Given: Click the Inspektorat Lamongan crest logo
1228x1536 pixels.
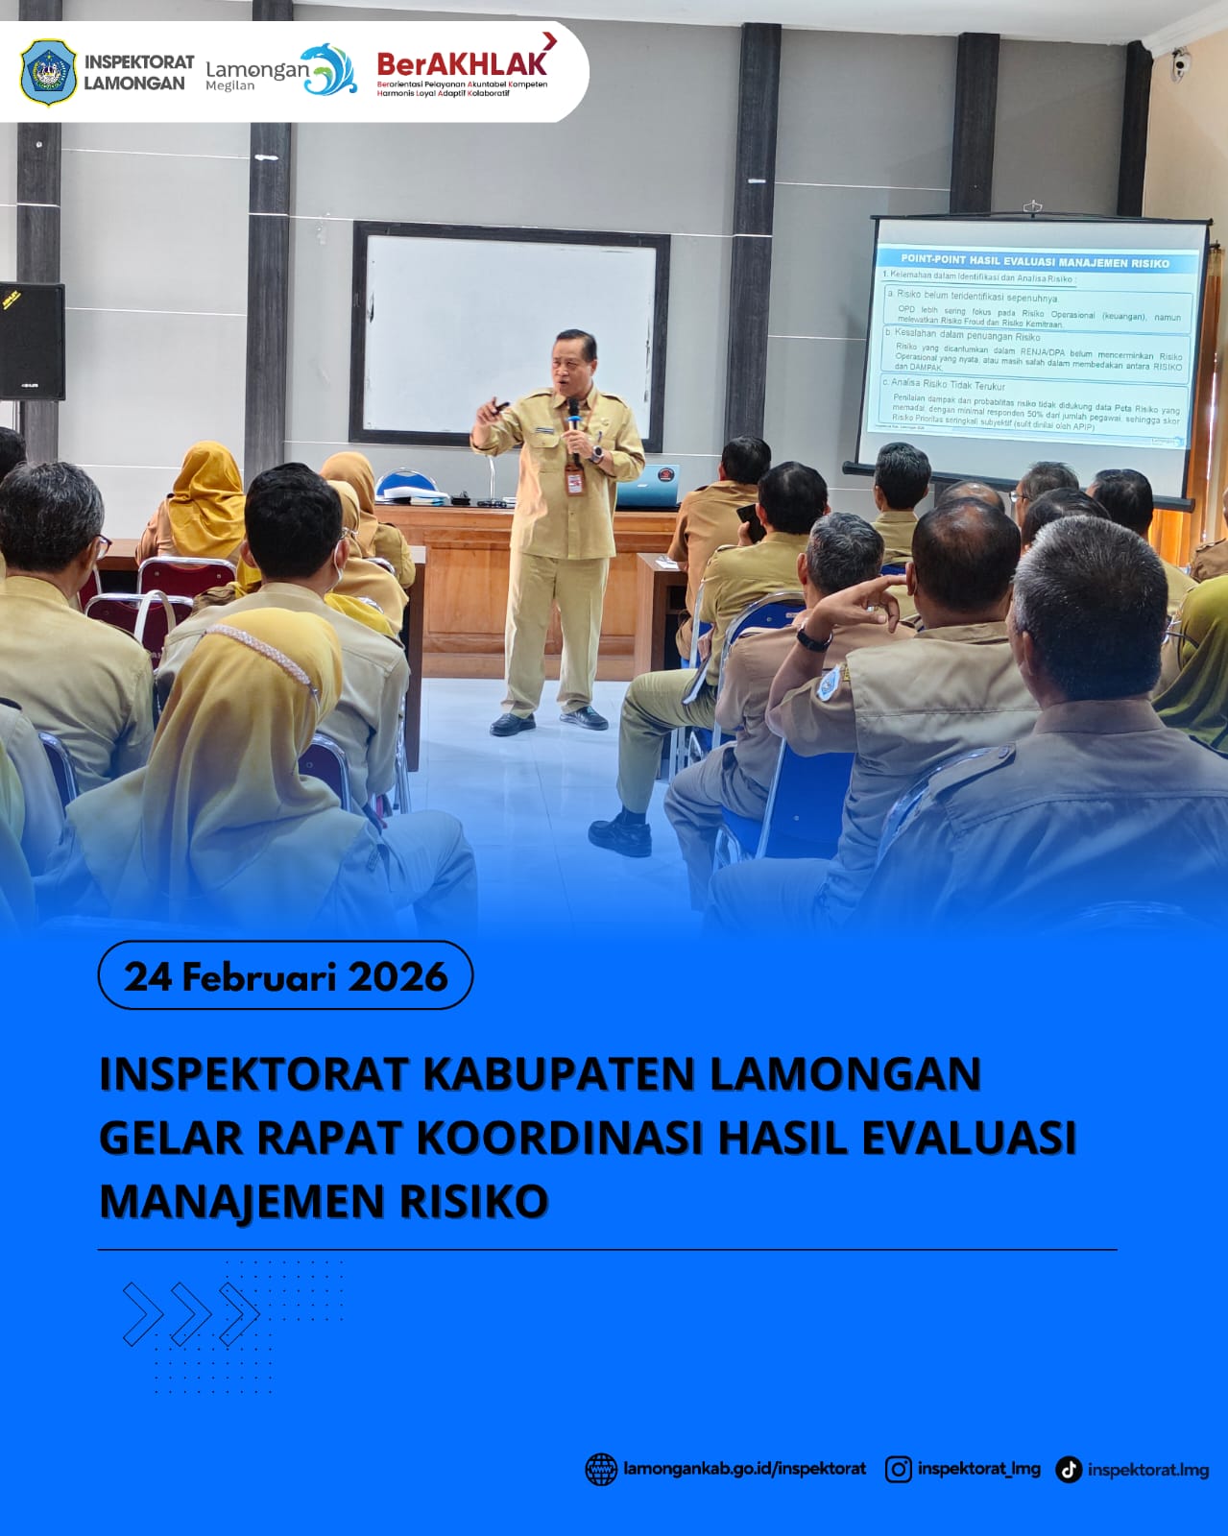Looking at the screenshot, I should point(48,73).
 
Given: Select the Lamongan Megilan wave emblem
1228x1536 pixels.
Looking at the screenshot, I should point(329,70).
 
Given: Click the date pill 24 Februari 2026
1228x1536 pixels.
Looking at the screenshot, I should point(285,975).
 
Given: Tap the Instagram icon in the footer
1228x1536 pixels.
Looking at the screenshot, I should point(898,1469).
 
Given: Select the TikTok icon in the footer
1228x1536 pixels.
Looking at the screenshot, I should point(1068,1470).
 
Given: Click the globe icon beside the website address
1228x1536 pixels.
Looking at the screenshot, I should point(601,1469).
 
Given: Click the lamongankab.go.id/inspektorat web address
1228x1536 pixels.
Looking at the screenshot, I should point(744,1469).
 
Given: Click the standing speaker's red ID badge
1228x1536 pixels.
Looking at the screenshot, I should point(574,481).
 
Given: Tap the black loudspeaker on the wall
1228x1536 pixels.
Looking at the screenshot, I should point(32,341).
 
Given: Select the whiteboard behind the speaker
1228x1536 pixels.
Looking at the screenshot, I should point(510,332).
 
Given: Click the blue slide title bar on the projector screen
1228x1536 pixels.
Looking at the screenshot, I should point(1034,261).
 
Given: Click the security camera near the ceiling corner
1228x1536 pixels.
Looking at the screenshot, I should point(1180,64).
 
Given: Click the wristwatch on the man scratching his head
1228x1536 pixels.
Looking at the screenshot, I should point(813,639).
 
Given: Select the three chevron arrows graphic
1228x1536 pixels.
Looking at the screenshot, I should point(190,1313).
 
